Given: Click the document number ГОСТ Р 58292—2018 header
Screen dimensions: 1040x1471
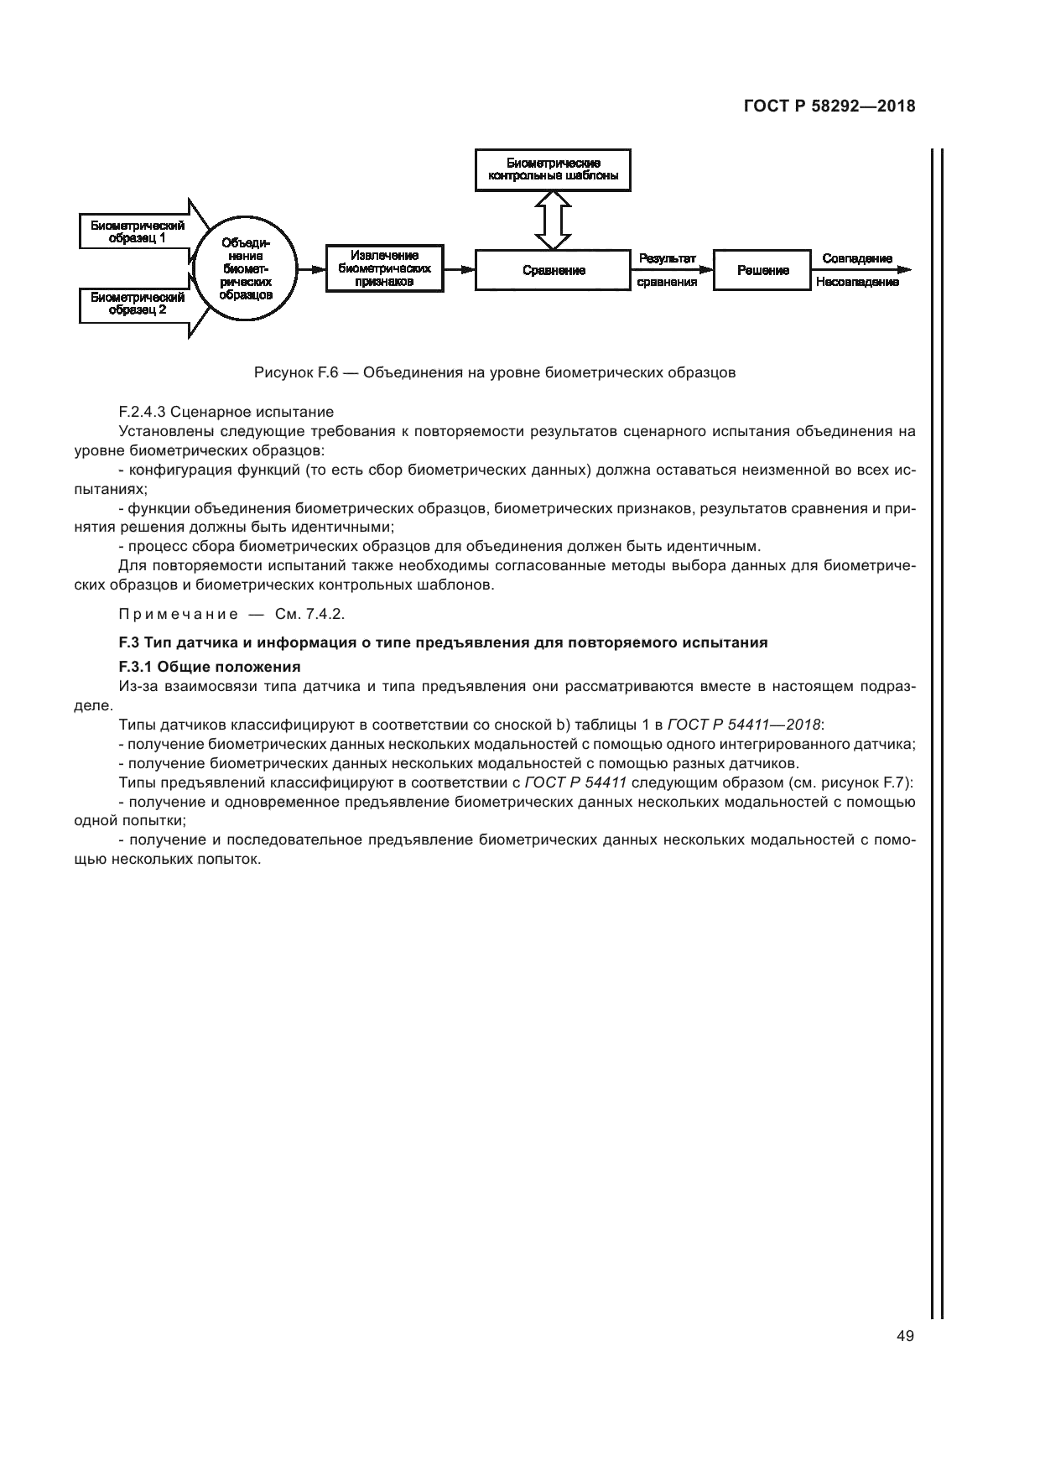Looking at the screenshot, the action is tap(829, 107).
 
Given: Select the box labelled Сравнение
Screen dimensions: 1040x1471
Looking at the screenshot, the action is tap(554, 270).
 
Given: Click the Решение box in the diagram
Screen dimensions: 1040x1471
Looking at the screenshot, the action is tap(762, 270).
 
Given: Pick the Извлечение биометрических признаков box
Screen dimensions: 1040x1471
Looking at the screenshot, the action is tap(384, 269).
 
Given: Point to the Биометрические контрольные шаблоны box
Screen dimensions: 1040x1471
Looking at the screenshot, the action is tap(554, 169).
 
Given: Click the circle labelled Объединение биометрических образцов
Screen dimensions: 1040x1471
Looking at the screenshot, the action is tap(246, 269).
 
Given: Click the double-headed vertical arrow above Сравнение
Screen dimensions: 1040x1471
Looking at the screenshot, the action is tap(554, 220).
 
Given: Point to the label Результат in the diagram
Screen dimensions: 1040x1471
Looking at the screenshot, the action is tap(668, 258).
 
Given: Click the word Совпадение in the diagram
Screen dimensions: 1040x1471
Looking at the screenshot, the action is tap(857, 258).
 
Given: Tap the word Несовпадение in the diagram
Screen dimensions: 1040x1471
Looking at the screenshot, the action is tap(857, 282).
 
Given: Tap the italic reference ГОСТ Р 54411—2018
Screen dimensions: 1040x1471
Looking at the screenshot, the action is tap(744, 723).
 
